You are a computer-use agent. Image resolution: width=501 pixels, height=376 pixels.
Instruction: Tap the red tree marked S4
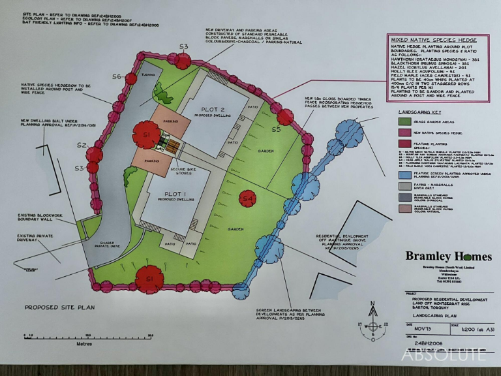247,196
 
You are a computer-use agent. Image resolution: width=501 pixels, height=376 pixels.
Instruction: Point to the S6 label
117,77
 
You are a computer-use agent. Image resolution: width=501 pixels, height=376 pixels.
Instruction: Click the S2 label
82,145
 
